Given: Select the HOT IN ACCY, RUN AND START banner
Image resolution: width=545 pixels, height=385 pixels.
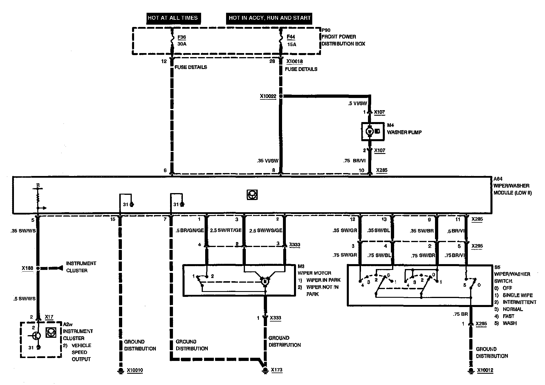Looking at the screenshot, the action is pyautogui.click(x=270, y=18).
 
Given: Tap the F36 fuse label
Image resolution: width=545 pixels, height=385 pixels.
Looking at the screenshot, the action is pyautogui.click(x=181, y=37).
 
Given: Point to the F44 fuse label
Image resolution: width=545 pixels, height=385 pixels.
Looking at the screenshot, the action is pyautogui.click(x=291, y=37).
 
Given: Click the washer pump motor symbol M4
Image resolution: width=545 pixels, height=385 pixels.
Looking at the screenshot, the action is pyautogui.click(x=370, y=131).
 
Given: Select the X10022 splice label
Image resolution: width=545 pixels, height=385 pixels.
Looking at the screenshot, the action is pyautogui.click(x=268, y=96).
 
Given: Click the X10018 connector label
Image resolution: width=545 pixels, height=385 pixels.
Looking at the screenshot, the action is pyautogui.click(x=295, y=61).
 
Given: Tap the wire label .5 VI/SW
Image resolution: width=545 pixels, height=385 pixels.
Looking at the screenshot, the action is pyautogui.click(x=358, y=103).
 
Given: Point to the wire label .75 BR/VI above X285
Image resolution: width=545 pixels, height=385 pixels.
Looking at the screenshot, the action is pyautogui.click(x=354, y=161).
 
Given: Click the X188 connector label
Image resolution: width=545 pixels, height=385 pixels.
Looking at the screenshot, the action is pyautogui.click(x=27, y=268).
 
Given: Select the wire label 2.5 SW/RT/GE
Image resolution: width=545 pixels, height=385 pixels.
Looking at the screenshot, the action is pyautogui.click(x=225, y=231).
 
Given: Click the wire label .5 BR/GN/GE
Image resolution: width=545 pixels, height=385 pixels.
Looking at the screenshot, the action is pyautogui.click(x=190, y=231).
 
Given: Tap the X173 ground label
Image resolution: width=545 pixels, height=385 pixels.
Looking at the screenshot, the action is pyautogui.click(x=277, y=370).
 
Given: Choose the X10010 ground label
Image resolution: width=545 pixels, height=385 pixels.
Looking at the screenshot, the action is pyautogui.click(x=135, y=370).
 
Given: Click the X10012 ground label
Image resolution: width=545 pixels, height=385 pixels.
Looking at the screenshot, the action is pyautogui.click(x=485, y=370).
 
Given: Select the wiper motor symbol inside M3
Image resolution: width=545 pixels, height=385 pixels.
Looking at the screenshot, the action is pyautogui.click(x=265, y=281).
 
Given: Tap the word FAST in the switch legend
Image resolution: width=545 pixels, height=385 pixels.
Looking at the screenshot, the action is pyautogui.click(x=508, y=316).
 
